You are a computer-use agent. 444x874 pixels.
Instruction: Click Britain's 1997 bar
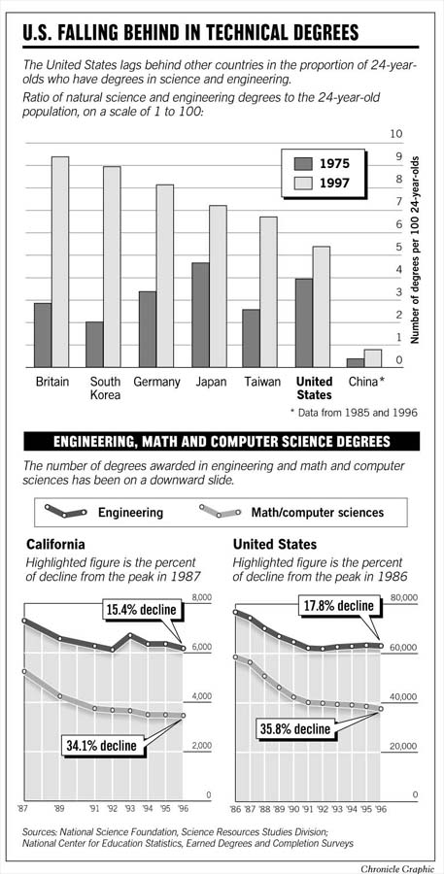tap(60, 262)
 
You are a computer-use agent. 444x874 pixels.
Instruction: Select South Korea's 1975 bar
tap(94, 345)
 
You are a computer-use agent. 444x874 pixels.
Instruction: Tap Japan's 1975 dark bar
tap(199, 315)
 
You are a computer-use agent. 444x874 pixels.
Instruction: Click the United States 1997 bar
tap(321, 307)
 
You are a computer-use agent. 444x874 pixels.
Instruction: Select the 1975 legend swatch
tap(303, 162)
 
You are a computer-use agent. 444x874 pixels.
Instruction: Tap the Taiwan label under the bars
tap(263, 383)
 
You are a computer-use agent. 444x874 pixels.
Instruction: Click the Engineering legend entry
tap(130, 512)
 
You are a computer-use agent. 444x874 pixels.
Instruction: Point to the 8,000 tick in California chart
tap(202, 598)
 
